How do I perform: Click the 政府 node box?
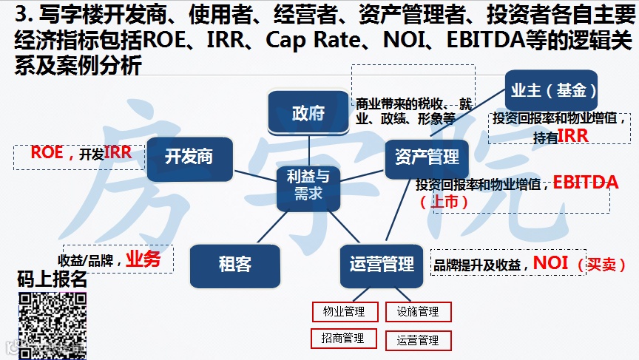pos(308,113)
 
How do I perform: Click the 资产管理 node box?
pos(427,157)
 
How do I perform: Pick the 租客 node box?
pos(234,265)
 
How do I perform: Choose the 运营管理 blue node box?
pos(382,265)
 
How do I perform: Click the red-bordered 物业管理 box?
pos(344,312)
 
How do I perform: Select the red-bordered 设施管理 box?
pos(418,312)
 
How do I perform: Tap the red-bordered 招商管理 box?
pos(342,338)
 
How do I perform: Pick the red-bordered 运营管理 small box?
pos(418,340)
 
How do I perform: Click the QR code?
pos(52,325)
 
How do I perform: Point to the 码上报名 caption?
pos(52,280)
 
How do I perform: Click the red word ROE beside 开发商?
pos(47,153)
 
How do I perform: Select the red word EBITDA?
pos(585,182)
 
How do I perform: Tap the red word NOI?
pos(550,262)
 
